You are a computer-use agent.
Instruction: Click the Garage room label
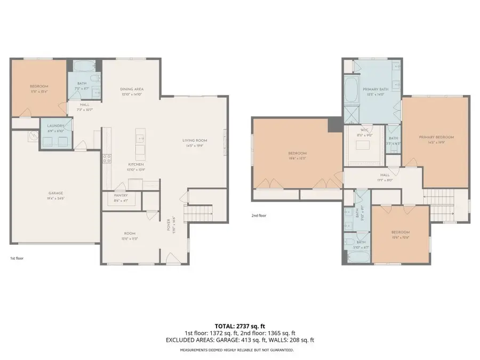pyautogui.click(x=56, y=193)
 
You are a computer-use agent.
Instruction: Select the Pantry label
pyautogui.click(x=121, y=196)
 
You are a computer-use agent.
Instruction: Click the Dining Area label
pyautogui.click(x=132, y=89)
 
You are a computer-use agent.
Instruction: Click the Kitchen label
pyautogui.click(x=133, y=164)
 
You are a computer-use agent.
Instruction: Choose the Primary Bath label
pyautogui.click(x=373, y=89)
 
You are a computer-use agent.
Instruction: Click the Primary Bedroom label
pyautogui.click(x=436, y=138)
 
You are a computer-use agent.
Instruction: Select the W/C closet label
pyautogui.click(x=365, y=130)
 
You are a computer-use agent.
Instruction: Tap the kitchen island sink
pyautogui.click(x=140, y=138)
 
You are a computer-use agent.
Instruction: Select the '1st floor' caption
pyautogui.click(x=17, y=258)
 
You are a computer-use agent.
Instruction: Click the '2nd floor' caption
pyautogui.click(x=259, y=216)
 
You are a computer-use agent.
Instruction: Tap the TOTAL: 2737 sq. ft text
pyautogui.click(x=240, y=325)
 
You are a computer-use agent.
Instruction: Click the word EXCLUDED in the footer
pyautogui.click(x=180, y=340)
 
